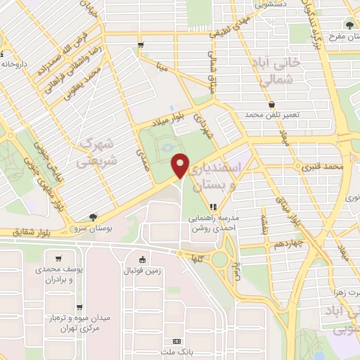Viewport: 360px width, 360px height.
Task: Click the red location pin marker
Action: click(x=181, y=165)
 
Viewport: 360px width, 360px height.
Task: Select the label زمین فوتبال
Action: click(x=142, y=270)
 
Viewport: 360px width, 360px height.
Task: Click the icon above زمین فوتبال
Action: click(x=142, y=259)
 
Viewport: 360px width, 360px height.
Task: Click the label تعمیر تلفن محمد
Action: click(x=272, y=114)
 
